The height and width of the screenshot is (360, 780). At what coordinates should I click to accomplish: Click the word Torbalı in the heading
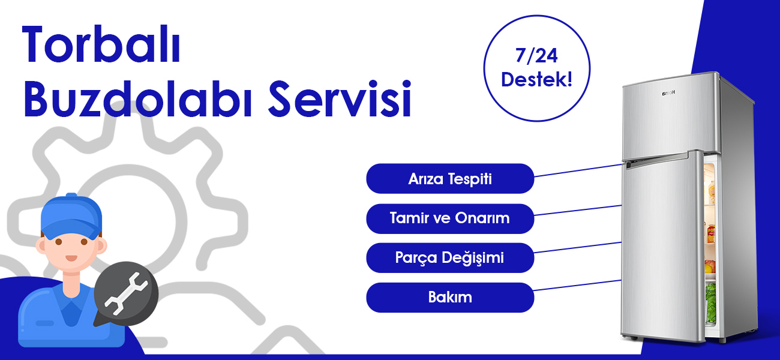(101, 44)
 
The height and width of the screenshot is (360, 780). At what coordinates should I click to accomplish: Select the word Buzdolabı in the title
(138, 98)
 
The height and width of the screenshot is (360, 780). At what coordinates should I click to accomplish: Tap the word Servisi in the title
(340, 98)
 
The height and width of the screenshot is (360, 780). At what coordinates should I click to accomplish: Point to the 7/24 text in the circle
(536, 55)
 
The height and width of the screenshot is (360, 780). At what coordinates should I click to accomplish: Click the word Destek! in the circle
(536, 79)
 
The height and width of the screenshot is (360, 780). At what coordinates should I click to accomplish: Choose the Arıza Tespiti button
(450, 179)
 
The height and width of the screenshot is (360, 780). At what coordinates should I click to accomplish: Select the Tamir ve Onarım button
(450, 218)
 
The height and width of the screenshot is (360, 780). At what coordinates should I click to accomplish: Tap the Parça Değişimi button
(450, 258)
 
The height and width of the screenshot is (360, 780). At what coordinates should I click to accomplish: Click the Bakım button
(450, 298)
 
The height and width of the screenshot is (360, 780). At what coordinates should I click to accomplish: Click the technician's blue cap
(71, 218)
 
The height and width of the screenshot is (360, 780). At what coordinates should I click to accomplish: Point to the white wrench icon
(126, 293)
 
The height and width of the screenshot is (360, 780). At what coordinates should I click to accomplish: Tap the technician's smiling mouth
(71, 258)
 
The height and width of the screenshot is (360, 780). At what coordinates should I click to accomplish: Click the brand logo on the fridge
(668, 92)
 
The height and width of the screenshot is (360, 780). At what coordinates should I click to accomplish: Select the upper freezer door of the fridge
(670, 116)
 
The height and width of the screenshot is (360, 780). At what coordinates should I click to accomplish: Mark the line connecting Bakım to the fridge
(578, 285)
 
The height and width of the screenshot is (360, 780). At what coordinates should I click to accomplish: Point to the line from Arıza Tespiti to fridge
(578, 170)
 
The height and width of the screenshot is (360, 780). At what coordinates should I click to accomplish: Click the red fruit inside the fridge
(710, 266)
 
